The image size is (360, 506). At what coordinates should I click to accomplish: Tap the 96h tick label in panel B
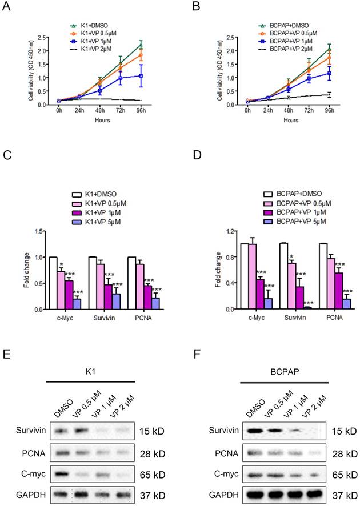(330, 111)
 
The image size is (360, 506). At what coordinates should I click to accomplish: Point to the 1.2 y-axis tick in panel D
(225, 231)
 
